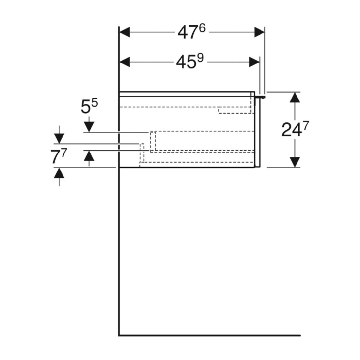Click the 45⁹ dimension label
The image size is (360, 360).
point(189,62)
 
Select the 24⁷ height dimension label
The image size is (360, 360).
point(295,129)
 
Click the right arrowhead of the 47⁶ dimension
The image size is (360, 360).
point(260,32)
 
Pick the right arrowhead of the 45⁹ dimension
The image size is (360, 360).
point(254,62)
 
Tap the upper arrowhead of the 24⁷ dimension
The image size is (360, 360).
point(295,97)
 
